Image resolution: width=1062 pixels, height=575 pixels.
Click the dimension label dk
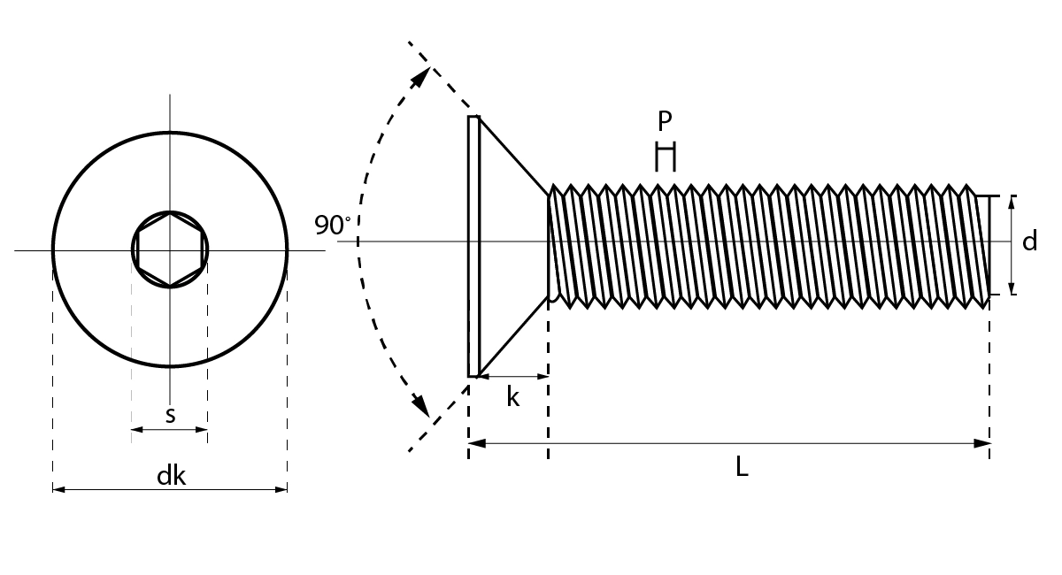(171, 476)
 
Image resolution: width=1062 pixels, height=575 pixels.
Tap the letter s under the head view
(170, 414)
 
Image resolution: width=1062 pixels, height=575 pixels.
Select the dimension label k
(512, 397)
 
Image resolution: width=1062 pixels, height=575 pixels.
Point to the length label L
(742, 467)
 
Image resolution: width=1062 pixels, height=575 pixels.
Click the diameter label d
(1029, 241)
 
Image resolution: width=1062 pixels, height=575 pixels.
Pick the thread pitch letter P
(665, 121)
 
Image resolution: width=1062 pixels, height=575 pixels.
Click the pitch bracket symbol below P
(665, 157)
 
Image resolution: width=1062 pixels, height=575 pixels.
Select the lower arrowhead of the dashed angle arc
(421, 408)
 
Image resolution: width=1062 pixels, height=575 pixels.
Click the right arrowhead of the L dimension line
(982, 443)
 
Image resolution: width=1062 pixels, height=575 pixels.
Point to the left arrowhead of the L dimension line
(475, 443)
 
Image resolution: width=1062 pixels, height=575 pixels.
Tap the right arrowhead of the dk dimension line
(281, 488)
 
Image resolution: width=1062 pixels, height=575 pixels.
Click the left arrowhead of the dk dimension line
(58, 488)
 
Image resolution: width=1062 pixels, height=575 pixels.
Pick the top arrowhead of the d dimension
(1012, 202)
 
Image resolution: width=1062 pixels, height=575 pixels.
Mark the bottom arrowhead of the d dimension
(1012, 288)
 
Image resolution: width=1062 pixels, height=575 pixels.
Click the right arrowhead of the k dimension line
(543, 377)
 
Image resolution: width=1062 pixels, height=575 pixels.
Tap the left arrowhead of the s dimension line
(136, 430)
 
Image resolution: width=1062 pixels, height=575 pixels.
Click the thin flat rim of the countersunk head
(473, 246)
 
